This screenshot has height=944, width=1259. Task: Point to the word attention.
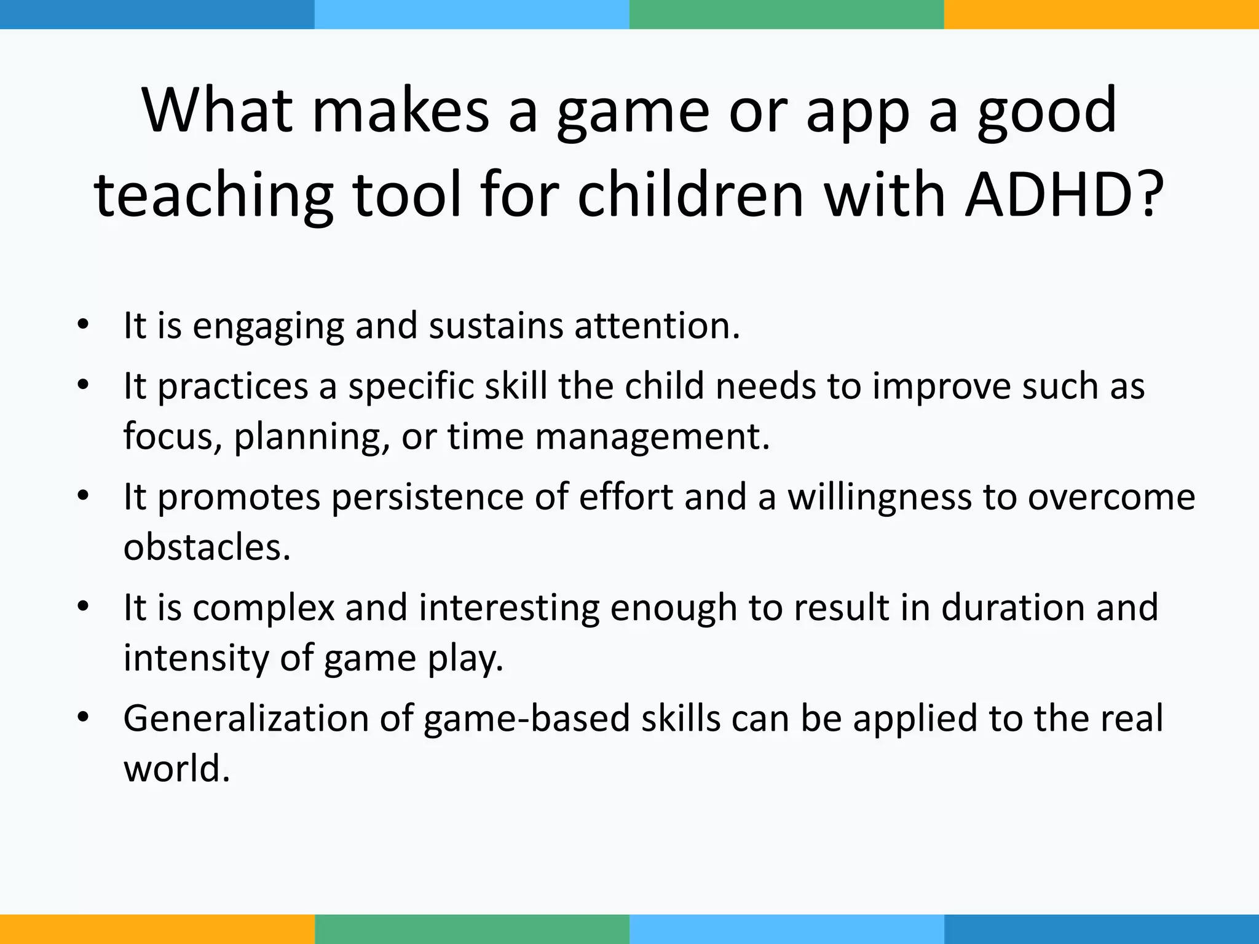tap(657, 326)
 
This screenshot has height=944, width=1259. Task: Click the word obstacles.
tap(207, 547)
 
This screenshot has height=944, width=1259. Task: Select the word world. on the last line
tap(176, 769)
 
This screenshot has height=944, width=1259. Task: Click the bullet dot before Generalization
tap(84, 717)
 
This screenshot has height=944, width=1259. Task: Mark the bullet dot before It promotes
tap(84, 495)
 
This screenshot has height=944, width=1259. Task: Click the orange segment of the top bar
tap(1101, 14)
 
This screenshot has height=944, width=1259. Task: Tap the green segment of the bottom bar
tap(472, 929)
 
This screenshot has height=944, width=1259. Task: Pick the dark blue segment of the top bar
tap(157, 14)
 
